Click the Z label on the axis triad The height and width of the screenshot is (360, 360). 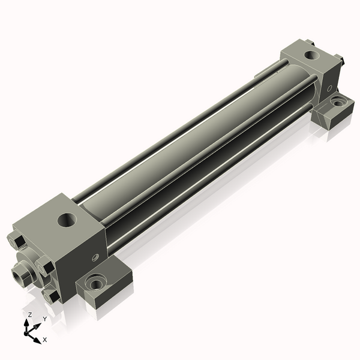[x=29, y=315]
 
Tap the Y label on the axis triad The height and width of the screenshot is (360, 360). [x=45, y=319]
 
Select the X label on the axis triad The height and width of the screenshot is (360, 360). [x=45, y=340]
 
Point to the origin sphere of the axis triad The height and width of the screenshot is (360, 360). [x=26, y=333]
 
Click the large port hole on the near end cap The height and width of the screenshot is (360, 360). [x=67, y=220]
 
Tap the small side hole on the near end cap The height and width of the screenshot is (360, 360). [x=95, y=257]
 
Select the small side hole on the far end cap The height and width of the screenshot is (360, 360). [x=329, y=88]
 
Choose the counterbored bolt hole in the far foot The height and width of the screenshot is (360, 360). [x=337, y=102]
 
